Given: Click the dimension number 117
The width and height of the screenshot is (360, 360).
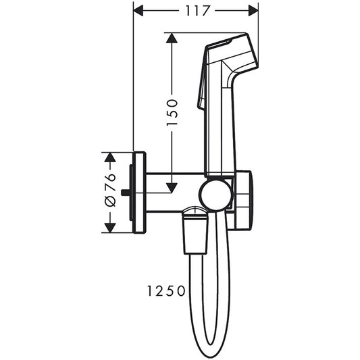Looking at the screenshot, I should point(197,11).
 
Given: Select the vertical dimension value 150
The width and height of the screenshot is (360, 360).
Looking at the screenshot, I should point(173,112).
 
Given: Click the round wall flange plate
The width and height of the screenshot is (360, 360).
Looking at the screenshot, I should point(139,192).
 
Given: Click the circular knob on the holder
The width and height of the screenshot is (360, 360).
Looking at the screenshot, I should point(215,195).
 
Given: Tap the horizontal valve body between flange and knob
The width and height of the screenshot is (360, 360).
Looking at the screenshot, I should point(172,192).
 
